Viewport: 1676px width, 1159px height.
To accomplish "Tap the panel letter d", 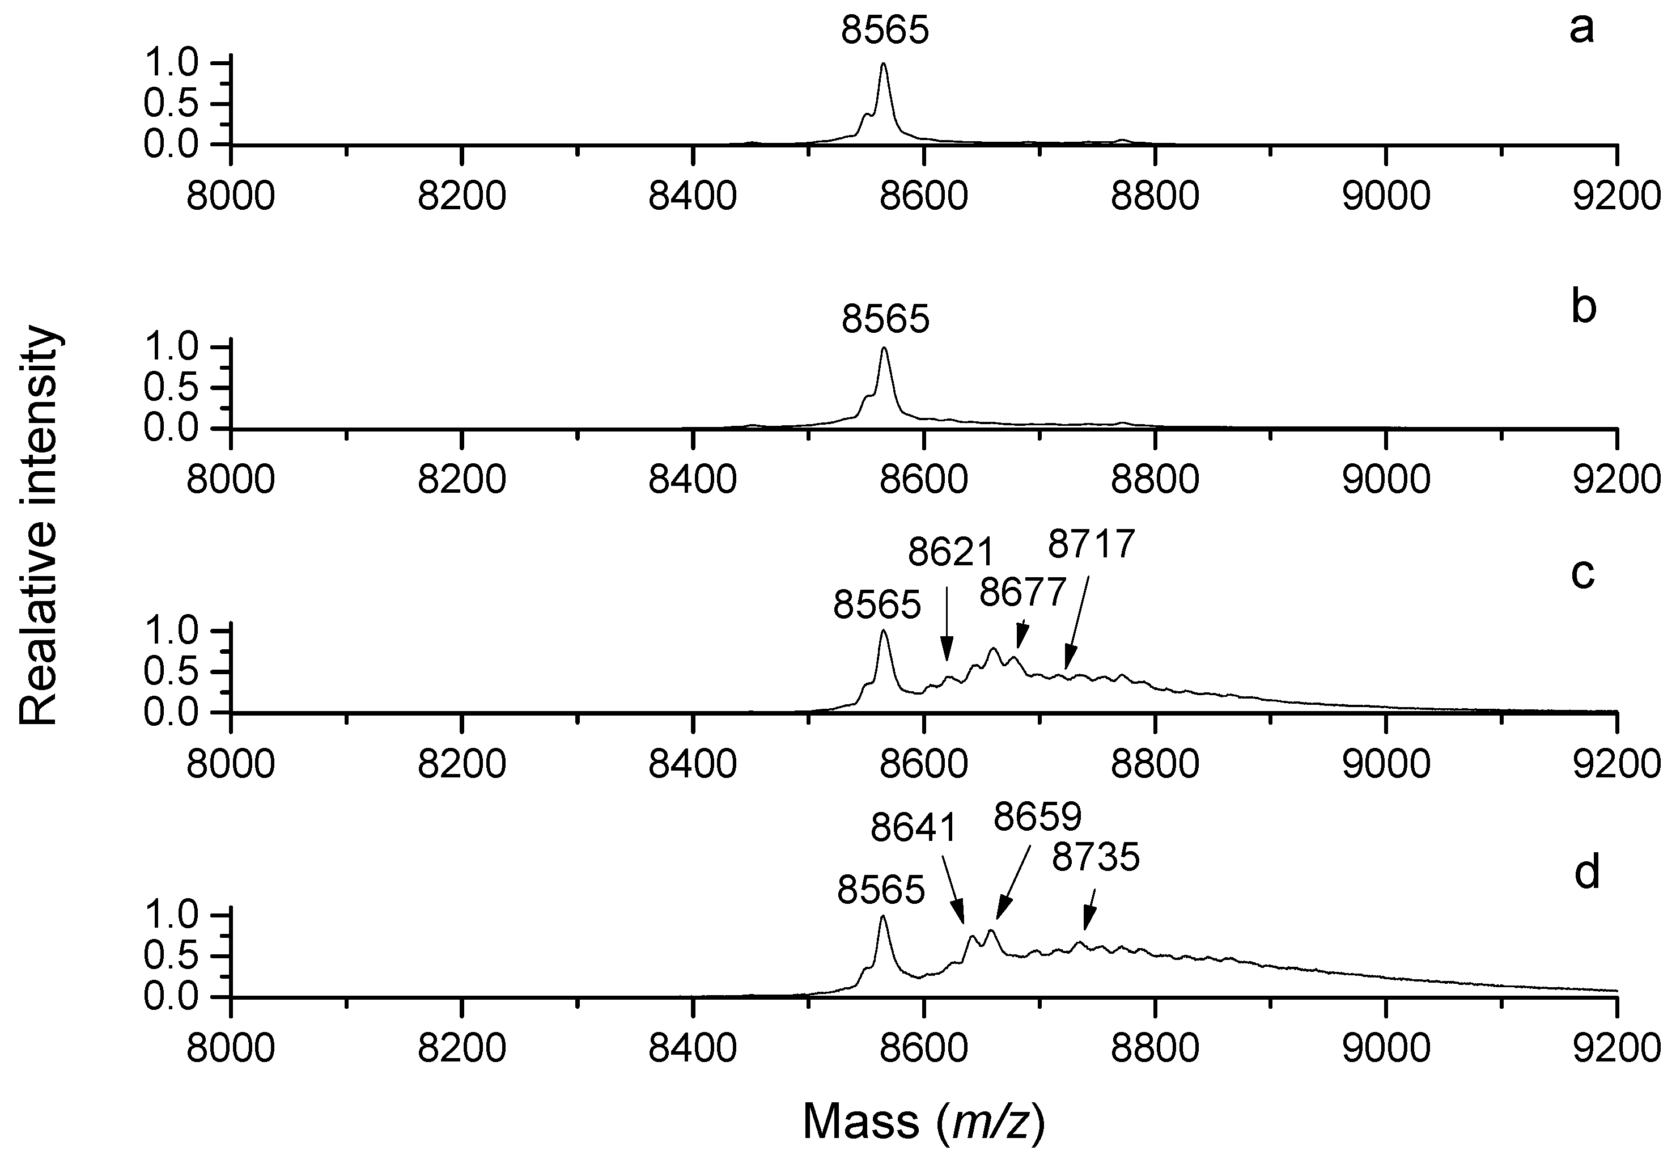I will (x=1586, y=873).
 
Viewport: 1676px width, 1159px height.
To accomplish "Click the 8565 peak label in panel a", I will (x=885, y=31).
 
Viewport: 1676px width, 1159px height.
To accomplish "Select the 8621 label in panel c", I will (x=949, y=554).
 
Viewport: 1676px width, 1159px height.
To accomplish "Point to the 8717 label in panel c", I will (x=1091, y=544).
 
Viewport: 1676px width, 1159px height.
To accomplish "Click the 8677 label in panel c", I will (x=1022, y=593).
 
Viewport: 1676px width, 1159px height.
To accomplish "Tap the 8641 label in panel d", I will (x=914, y=828).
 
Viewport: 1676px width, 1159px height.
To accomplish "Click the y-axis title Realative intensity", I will (x=38, y=525).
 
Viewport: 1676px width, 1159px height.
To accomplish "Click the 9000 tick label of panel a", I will (x=1386, y=196).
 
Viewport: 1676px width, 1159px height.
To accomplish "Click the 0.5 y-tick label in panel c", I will (x=170, y=672).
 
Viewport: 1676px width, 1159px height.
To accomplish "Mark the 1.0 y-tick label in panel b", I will (x=170, y=348).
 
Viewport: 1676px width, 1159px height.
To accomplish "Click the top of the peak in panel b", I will (x=884, y=349).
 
